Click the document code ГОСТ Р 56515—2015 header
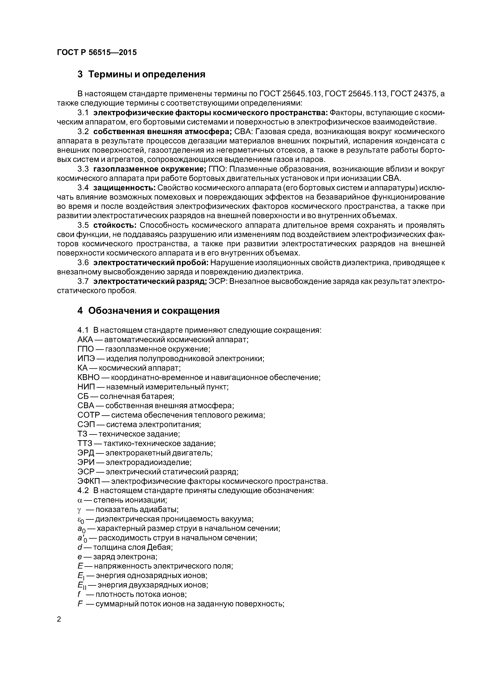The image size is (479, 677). click(97, 52)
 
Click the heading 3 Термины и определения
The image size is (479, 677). click(141, 74)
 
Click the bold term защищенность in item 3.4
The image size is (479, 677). click(125, 188)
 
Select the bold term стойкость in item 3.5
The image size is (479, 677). click(115, 225)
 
